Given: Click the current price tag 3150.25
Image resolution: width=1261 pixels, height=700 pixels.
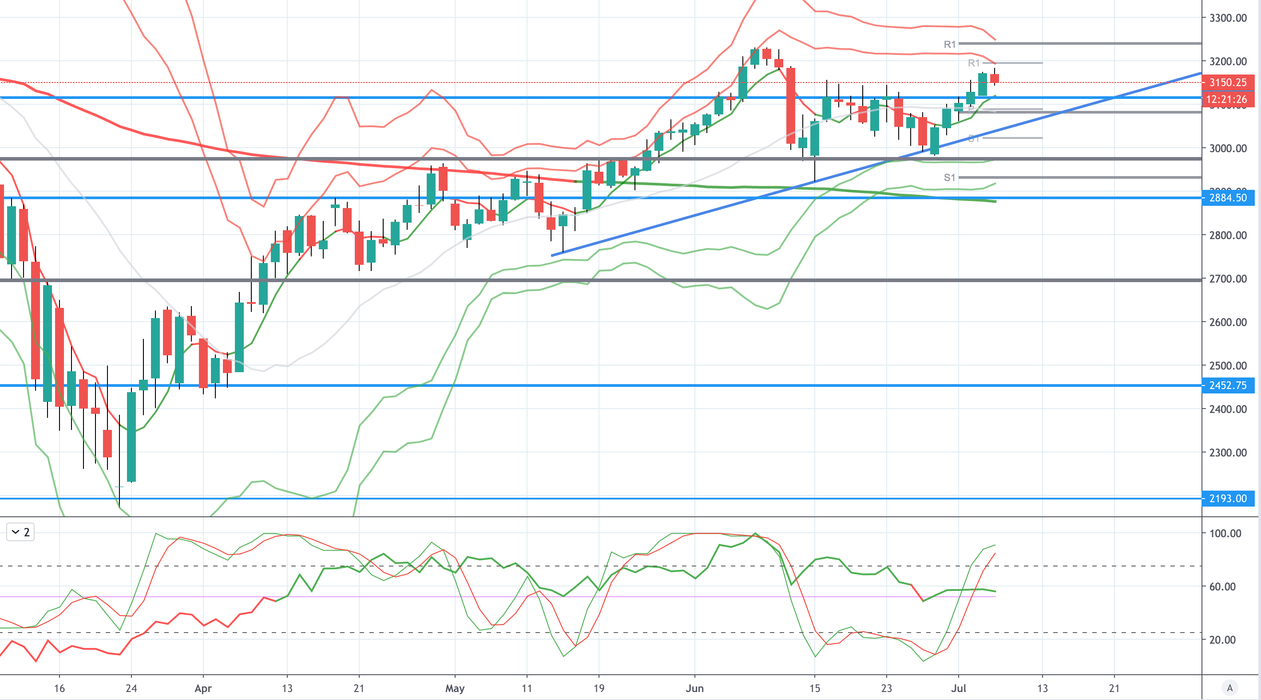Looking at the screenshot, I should pos(1228,82).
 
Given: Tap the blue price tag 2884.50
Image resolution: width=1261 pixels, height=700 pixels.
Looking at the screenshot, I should pos(1228,198).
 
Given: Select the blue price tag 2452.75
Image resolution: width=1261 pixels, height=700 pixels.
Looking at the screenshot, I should pos(1228,385).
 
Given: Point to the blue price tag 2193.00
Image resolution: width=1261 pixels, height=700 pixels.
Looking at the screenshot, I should pos(1228,499).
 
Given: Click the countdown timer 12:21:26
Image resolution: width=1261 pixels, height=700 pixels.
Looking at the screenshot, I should pos(1228,99).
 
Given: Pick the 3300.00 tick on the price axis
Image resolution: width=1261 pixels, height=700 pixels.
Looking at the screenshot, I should pos(1228,18).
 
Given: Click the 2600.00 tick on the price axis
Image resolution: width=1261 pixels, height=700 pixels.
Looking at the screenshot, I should pos(1228,322).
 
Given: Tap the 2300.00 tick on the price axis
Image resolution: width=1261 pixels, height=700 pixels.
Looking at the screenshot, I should pos(1228,452).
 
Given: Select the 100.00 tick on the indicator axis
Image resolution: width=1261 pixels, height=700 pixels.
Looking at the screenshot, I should pos(1225,533).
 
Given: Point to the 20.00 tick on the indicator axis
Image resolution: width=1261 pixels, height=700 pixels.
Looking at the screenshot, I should pos(1222,640).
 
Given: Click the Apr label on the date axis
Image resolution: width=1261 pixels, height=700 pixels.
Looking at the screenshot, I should pos(203,689).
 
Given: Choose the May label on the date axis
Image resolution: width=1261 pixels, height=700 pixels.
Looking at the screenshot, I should pos(455,689).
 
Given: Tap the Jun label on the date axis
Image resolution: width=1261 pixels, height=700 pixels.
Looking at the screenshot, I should pos(694,689).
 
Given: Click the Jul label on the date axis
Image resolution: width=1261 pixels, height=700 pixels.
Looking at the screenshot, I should pos(959,689).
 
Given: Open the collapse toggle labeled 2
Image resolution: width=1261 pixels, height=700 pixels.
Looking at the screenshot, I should pos(20,532).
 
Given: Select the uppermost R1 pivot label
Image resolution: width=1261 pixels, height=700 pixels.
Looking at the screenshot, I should pos(950,44).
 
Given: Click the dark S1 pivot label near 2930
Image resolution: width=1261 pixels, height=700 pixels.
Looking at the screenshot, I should pos(950,177).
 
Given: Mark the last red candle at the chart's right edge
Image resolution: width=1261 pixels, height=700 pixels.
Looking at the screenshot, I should pos(994,78).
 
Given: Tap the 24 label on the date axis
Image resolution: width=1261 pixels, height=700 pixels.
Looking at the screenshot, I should pos(131,689).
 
